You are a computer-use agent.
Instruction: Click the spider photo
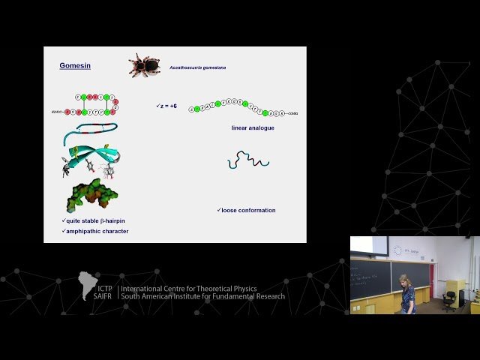pyautogui.click(x=145, y=65)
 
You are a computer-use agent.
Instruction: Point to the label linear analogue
pyautogui.click(x=253, y=128)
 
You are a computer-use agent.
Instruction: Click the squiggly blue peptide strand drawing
pyautogui.click(x=248, y=159)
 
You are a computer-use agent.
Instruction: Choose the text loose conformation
pyautogui.click(x=247, y=210)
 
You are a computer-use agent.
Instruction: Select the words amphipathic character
pyautogui.click(x=96, y=231)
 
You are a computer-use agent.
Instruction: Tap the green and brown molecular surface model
pyautogui.click(x=91, y=196)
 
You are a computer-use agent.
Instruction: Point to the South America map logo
pyautogui.click(x=88, y=285)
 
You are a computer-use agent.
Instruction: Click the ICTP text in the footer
pyautogui.click(x=103, y=288)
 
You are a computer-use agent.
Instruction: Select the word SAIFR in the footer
pyautogui.click(x=103, y=296)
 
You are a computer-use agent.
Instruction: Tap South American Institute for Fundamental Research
pyautogui.click(x=202, y=296)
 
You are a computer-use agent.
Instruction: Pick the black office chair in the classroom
pyautogui.click(x=448, y=298)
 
